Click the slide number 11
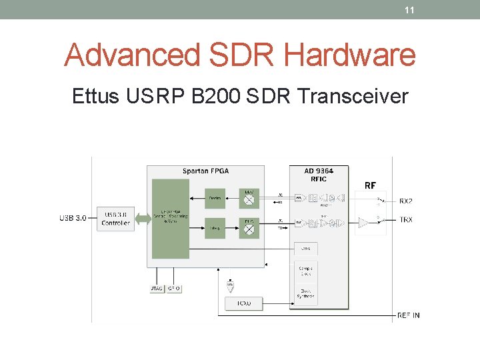click(x=410, y=10)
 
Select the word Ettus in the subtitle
click(x=95, y=97)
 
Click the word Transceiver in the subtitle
click(x=353, y=97)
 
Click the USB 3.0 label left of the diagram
click(x=73, y=219)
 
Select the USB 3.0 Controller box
click(x=116, y=219)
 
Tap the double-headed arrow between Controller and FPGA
click(x=143, y=218)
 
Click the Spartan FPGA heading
click(x=205, y=171)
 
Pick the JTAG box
click(x=156, y=289)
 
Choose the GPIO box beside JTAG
click(x=173, y=289)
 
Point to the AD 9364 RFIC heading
click(x=314, y=174)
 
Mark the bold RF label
click(x=370, y=185)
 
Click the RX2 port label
click(x=406, y=201)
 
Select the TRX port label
click(x=406, y=219)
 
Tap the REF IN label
click(x=409, y=315)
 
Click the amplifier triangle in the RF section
click(x=363, y=222)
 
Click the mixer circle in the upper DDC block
click(x=249, y=198)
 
